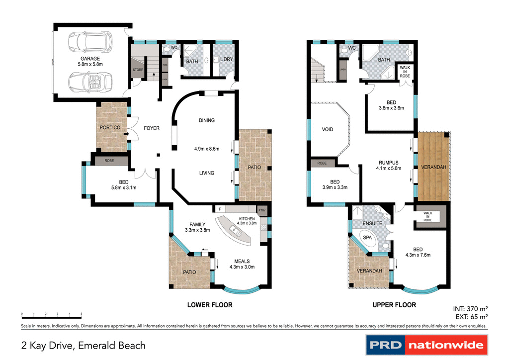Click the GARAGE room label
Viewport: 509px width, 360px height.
pyautogui.click(x=90, y=59)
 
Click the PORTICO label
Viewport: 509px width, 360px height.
pyautogui.click(x=110, y=128)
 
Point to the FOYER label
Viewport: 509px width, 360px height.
pyautogui.click(x=152, y=128)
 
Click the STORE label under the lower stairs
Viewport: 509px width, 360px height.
pyautogui.click(x=138, y=70)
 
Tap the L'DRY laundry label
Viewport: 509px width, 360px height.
pyautogui.click(x=226, y=60)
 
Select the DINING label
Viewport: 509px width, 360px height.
pyautogui.click(x=206, y=120)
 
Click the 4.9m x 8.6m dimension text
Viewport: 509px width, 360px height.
pyautogui.click(x=207, y=148)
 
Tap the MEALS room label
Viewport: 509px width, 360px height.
pyautogui.click(x=242, y=262)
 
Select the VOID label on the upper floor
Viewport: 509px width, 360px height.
pyautogui.click(x=328, y=130)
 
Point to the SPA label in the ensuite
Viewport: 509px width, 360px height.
pyautogui.click(x=368, y=238)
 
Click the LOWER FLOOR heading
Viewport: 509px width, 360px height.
pyautogui.click(x=209, y=305)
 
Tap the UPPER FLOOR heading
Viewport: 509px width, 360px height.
pyautogui.click(x=394, y=305)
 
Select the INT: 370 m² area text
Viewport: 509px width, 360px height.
pyautogui.click(x=470, y=308)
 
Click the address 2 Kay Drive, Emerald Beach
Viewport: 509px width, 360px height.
pyautogui.click(x=84, y=345)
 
